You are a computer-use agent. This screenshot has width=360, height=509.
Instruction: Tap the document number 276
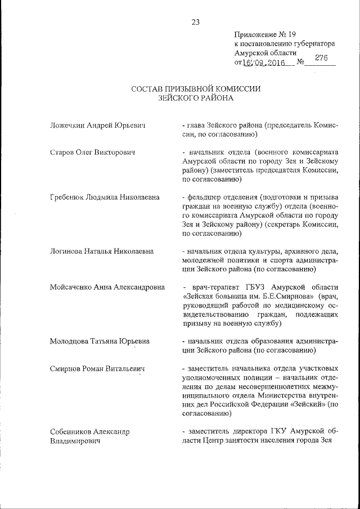pos(322,57)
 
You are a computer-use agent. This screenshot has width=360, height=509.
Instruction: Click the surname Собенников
pos(69,431)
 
